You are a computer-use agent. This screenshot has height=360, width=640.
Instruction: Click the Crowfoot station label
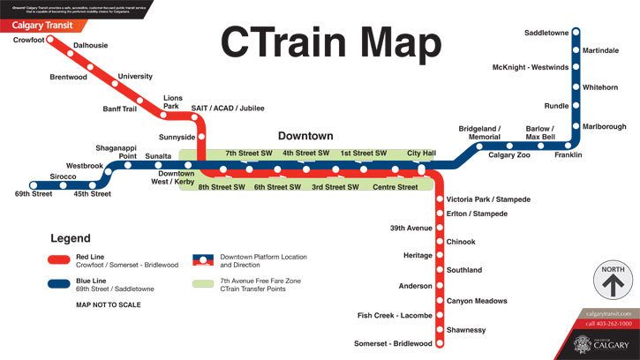point(29,40)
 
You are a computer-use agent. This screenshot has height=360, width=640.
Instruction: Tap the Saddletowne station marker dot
point(576,33)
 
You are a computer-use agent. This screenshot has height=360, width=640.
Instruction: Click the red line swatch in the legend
point(60,259)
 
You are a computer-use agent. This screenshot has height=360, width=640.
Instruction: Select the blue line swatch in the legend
point(60,283)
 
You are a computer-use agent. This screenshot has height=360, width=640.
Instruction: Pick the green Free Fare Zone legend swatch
point(203,284)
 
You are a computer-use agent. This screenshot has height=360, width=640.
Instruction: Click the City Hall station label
point(422,154)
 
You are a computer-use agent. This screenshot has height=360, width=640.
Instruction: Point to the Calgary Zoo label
point(509,155)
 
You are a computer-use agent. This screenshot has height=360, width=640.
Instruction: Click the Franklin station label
point(568,155)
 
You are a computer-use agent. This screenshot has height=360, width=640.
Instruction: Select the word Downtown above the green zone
point(305,136)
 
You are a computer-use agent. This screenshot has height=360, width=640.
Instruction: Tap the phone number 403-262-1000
point(609,324)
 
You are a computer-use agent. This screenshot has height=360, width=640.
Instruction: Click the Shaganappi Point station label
point(117,152)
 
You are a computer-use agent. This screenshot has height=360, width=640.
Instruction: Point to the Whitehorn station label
point(600,87)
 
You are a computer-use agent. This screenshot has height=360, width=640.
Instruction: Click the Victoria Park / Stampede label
point(488,200)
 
